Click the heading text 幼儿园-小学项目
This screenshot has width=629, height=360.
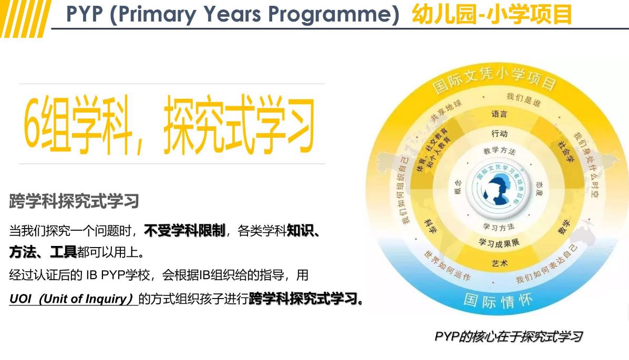tap(492, 14)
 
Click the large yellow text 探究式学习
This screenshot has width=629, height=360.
tap(239, 124)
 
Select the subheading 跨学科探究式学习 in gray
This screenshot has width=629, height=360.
tap(74, 201)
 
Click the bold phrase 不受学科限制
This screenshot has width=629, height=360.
tap(184, 231)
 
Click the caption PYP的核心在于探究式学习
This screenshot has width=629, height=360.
tap(508, 336)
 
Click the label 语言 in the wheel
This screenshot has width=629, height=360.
tap(499, 114)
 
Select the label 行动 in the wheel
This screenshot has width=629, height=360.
tap(499, 133)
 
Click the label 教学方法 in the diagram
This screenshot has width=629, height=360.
tap(499, 151)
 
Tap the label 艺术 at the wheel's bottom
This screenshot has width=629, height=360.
tap(499, 262)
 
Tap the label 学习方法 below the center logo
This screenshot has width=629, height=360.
tap(499, 227)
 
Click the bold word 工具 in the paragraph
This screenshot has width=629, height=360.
tap(64, 253)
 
